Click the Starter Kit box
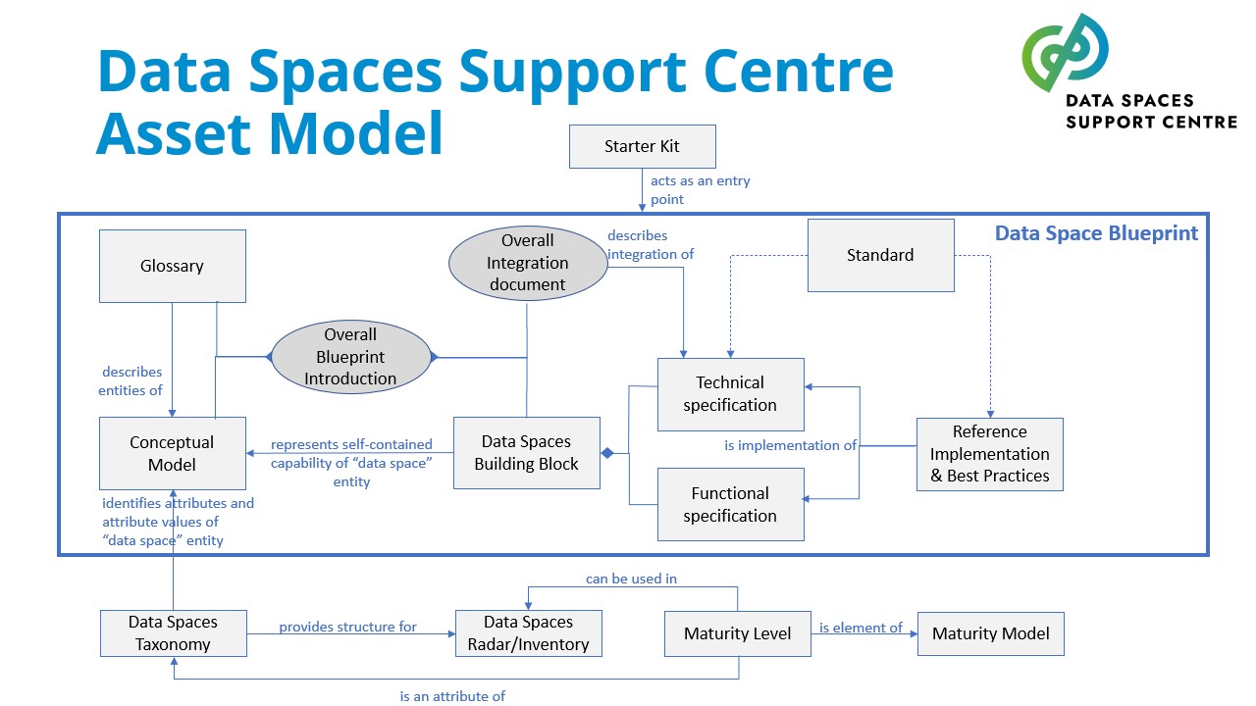[642, 147]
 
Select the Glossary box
[172, 266]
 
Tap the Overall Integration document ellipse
[527, 263]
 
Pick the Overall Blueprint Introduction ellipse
[350, 357]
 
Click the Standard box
[880, 255]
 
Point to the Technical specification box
[730, 394]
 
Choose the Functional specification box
[730, 504]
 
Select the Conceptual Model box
[172, 453]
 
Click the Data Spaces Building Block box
[526, 453]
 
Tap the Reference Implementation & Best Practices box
[989, 454]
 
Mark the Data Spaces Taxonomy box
[173, 633]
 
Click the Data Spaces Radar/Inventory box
[528, 633]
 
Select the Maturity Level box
[738, 633]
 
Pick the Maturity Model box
[990, 633]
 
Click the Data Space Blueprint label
[1096, 233]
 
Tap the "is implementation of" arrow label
[790, 445]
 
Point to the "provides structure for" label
[347, 627]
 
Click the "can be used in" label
[631, 579]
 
